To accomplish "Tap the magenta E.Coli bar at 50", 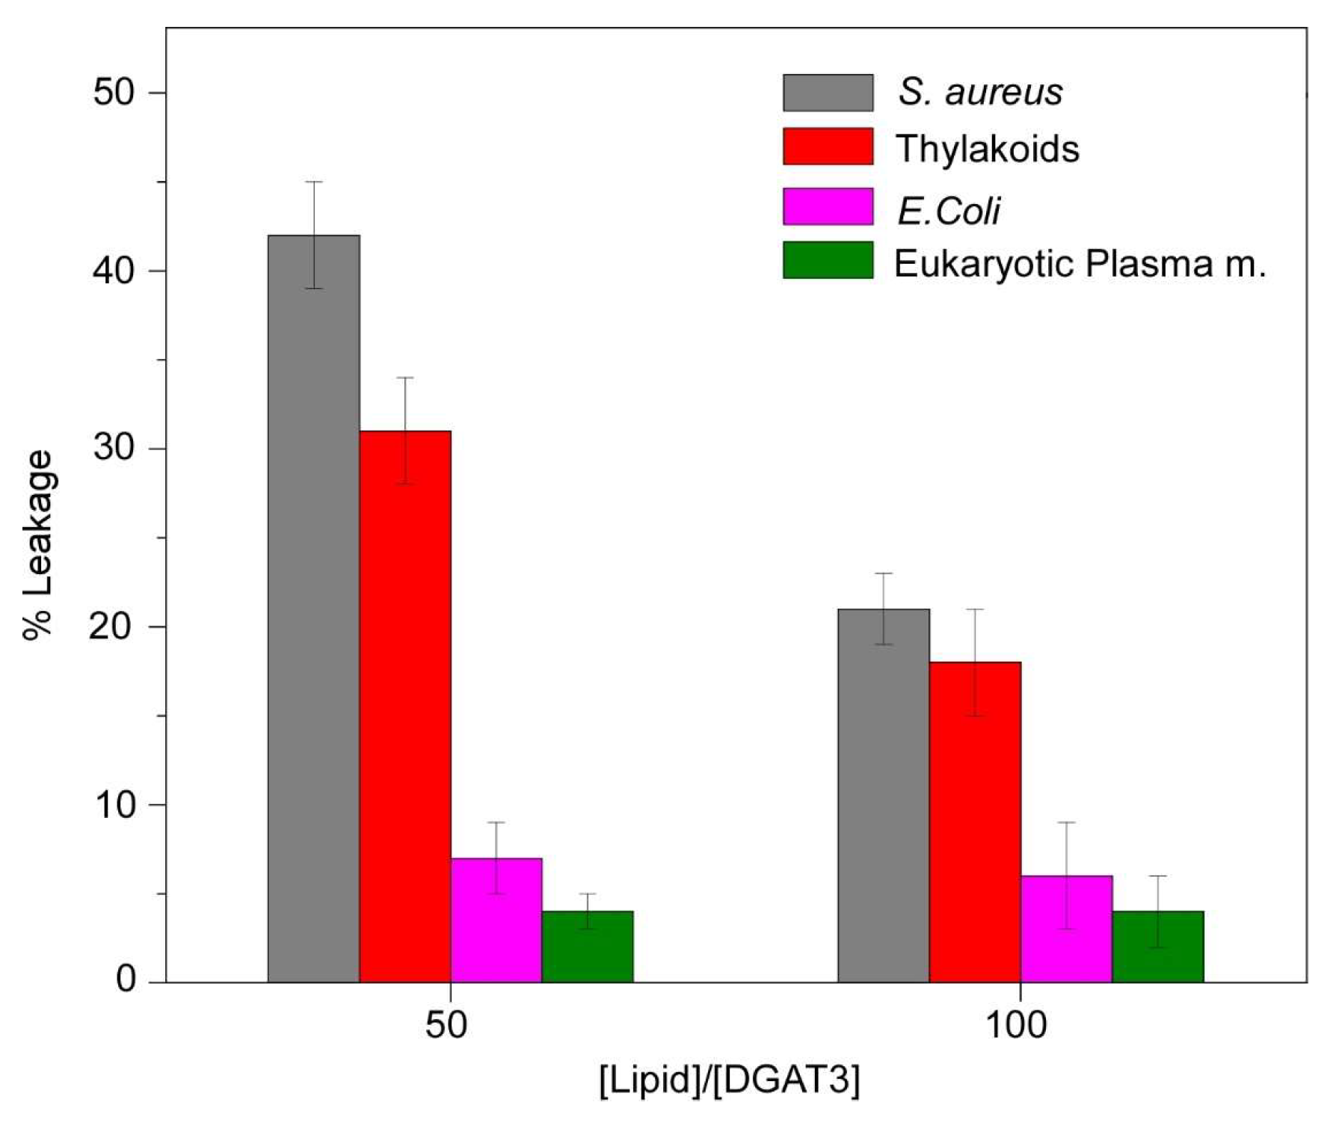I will pyautogui.click(x=496, y=920).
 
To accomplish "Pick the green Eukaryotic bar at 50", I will pyautogui.click(x=587, y=946).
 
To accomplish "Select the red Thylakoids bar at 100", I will pyautogui.click(x=974, y=822).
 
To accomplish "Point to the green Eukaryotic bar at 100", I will pyautogui.click(x=1157, y=946).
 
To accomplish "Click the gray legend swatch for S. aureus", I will pyautogui.click(x=828, y=93).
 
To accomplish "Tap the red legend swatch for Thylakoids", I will pyautogui.click(x=828, y=147).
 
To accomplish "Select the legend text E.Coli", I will pyautogui.click(x=948, y=211).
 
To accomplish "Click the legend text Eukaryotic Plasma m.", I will pyautogui.click(x=1080, y=263).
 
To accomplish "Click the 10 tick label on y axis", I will pyautogui.click(x=113, y=804).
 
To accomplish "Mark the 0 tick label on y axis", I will pyautogui.click(x=126, y=979).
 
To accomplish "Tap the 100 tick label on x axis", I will pyautogui.click(x=1017, y=1025).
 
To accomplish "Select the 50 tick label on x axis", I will pyautogui.click(x=446, y=1025).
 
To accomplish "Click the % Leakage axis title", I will pyautogui.click(x=37, y=544).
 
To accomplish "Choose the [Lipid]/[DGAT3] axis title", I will pyautogui.click(x=729, y=1080).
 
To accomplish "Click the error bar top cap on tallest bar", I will pyautogui.click(x=313, y=182).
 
